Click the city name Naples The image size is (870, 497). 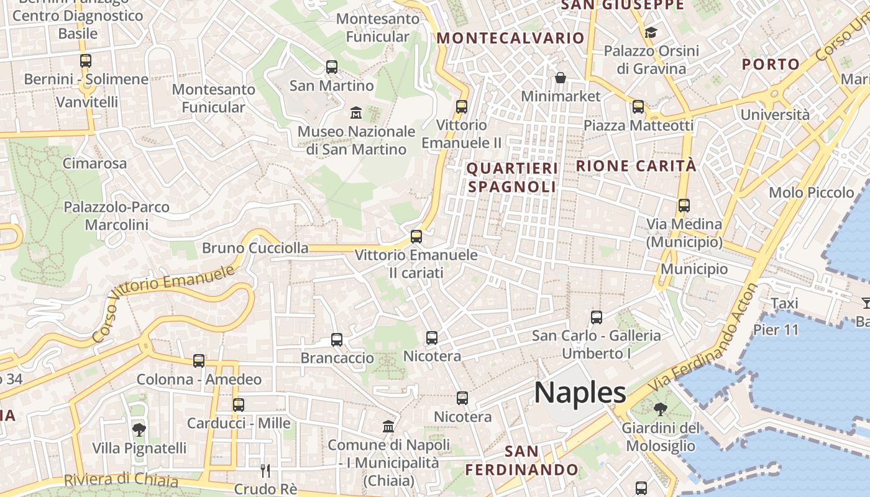(580, 393)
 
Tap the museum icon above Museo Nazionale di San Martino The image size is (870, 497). (356, 112)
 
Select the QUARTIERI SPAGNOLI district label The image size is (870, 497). (512, 178)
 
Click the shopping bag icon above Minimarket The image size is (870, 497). (561, 78)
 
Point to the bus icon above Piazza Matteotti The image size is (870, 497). (638, 106)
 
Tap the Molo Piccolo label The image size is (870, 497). (812, 193)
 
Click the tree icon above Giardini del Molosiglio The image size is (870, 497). (660, 409)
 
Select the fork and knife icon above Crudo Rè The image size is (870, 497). (265, 470)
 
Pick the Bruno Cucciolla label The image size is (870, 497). (255, 248)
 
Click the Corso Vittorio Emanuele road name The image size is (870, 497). (164, 302)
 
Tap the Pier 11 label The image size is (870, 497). (776, 330)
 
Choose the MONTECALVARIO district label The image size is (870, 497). (510, 38)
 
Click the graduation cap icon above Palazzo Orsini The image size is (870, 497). (651, 32)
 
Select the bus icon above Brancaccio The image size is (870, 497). (337, 340)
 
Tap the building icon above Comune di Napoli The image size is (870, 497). (389, 426)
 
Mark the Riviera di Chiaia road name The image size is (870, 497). (121, 480)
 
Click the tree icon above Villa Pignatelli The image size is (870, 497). (139, 429)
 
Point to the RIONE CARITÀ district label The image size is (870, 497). (636, 166)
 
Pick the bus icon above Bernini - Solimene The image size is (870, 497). (86, 61)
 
